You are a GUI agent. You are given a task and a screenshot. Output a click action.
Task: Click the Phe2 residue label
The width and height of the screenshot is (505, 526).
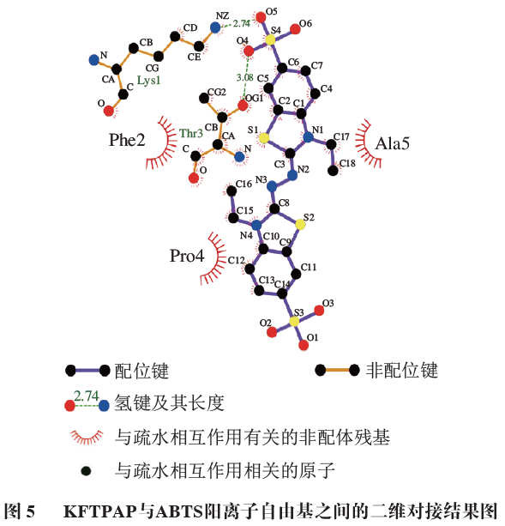(126, 139)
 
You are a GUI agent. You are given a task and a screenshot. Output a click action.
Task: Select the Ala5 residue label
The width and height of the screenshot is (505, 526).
(392, 143)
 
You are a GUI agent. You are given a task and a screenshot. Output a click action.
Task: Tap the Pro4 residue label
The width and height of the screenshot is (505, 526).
(186, 256)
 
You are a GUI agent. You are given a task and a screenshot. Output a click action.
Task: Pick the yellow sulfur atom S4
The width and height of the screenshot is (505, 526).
(270, 40)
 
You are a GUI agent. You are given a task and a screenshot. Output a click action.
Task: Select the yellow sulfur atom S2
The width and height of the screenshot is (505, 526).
(300, 225)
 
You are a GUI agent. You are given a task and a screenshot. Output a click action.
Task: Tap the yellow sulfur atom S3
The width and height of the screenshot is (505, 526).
(294, 321)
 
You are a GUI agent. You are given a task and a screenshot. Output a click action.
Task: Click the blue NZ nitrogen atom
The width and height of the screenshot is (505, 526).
(214, 27)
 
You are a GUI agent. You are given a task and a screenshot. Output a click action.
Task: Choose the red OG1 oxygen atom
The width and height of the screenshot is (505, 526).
(243, 106)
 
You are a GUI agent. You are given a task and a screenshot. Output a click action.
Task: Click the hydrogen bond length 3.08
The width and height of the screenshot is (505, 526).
(244, 77)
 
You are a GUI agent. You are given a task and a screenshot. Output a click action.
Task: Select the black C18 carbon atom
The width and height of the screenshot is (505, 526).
(334, 170)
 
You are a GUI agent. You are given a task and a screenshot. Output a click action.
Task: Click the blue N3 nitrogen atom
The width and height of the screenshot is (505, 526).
(271, 185)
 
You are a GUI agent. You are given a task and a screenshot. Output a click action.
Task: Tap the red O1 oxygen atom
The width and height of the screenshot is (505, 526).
(304, 346)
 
